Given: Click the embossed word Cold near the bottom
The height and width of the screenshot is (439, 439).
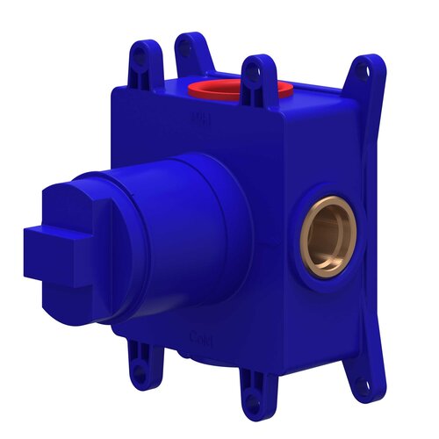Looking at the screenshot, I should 201,336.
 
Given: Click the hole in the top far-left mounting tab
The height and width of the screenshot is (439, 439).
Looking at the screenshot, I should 143,52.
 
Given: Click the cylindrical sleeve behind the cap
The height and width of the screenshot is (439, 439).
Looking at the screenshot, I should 184,237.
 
